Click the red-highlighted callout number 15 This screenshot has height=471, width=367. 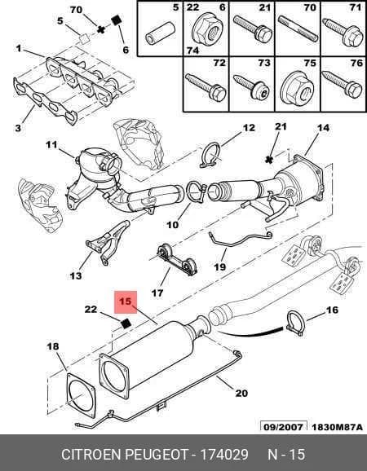[x=126, y=302]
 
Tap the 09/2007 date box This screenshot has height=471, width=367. [x=284, y=427]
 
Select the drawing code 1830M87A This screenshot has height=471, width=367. [x=337, y=427]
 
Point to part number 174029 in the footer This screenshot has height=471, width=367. [x=224, y=454]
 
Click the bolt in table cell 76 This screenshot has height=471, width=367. [x=343, y=85]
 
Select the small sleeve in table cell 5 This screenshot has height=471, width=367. [x=160, y=33]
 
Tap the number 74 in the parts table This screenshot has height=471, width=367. [x=192, y=50]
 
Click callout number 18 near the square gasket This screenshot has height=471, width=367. [x=53, y=346]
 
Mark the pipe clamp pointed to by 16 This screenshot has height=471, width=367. [x=296, y=324]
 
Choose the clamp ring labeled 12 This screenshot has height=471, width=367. [x=210, y=155]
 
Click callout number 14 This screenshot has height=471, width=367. [x=323, y=128]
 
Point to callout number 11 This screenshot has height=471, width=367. [x=51, y=145]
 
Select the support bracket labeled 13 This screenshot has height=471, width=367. [x=108, y=242]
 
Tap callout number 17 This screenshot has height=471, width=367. [x=157, y=293]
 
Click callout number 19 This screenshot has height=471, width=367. [x=219, y=266]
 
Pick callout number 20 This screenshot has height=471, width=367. [x=241, y=393]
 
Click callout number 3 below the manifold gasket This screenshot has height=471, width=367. [x=18, y=128]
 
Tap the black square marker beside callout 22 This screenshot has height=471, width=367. [x=126, y=324]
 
